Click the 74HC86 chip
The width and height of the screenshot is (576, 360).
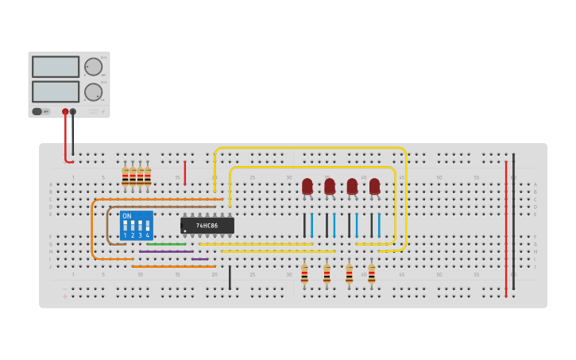click(x=207, y=226)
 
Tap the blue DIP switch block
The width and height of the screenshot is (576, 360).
click(x=136, y=225)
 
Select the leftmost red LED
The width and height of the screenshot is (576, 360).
click(x=307, y=187)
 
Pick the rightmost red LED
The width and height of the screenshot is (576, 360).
click(x=374, y=187)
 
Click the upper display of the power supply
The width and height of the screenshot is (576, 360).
click(x=56, y=67)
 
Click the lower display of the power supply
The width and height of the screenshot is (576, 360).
click(x=56, y=91)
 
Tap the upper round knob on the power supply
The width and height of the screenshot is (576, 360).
click(x=93, y=67)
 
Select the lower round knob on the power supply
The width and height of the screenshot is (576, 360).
click(x=93, y=92)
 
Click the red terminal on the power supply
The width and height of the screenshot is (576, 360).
click(x=65, y=112)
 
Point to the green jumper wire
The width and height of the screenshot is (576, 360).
click(x=166, y=244)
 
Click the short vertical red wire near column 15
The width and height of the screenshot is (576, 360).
click(x=185, y=173)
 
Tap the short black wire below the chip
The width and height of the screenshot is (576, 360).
click(x=230, y=277)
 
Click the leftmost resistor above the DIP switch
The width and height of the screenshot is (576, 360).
click(x=126, y=176)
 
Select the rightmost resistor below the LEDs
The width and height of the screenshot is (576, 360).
click(x=371, y=274)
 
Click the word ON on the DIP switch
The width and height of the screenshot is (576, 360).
click(x=127, y=216)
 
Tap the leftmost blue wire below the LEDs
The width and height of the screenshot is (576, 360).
click(x=311, y=225)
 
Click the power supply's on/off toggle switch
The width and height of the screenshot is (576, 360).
click(x=37, y=111)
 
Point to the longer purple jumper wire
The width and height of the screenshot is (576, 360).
click(x=166, y=252)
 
